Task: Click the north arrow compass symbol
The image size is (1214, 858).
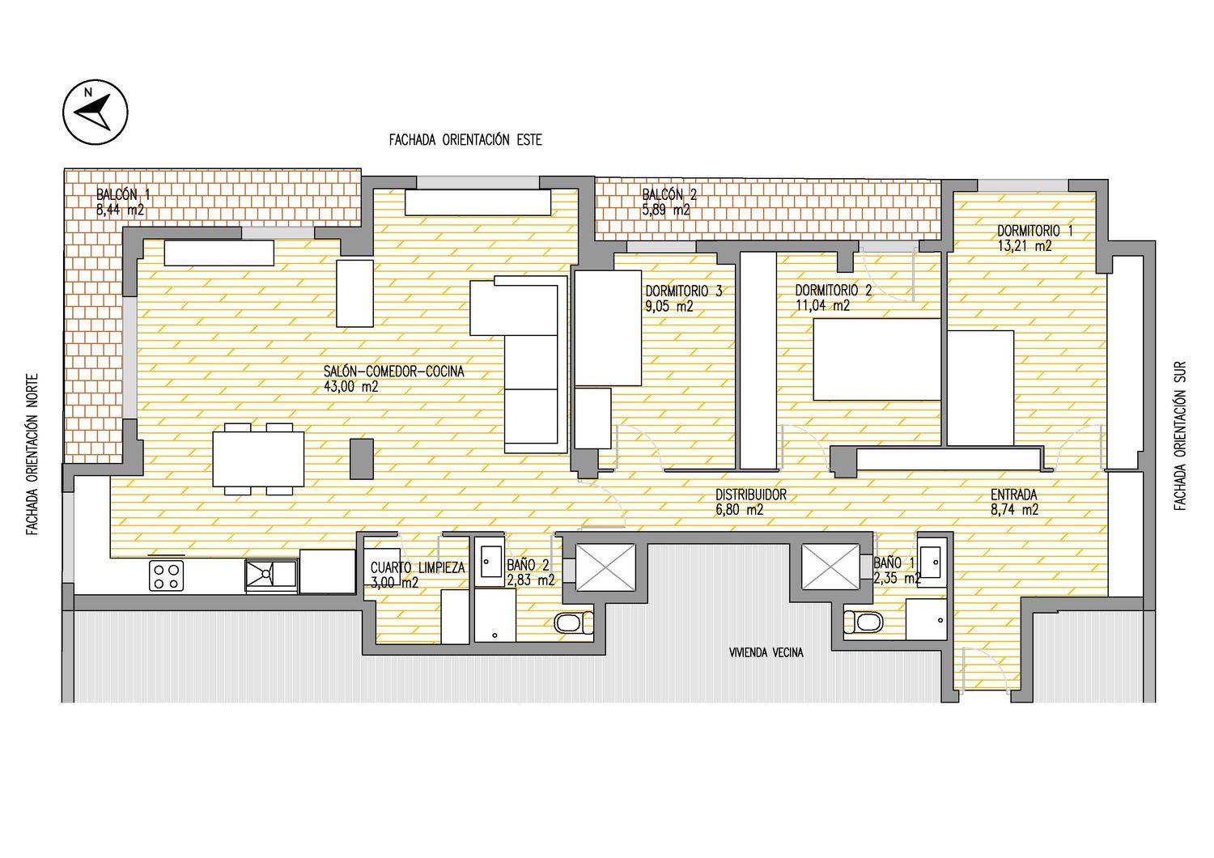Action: coord(96,113)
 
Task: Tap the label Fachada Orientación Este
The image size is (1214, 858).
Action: coord(465,140)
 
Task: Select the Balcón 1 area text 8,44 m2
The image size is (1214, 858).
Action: coord(121,210)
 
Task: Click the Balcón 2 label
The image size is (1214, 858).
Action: coord(669,194)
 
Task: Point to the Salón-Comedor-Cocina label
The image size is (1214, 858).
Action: coord(394,372)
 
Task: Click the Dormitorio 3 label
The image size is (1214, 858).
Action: coord(684,291)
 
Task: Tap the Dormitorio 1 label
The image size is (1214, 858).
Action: coord(1035,231)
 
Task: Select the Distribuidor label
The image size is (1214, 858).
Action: coord(750,495)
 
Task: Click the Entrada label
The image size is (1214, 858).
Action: coord(1014,495)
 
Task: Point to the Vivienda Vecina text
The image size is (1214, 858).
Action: coord(766,652)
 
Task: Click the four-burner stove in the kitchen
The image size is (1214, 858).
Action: coord(167,576)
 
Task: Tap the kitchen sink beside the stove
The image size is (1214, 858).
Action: coord(271,576)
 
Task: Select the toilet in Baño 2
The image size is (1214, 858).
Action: coord(573,622)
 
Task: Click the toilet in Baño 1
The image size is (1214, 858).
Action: coord(863,622)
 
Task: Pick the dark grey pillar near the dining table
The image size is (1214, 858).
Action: coord(362,459)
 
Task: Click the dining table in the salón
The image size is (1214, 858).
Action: coord(258,459)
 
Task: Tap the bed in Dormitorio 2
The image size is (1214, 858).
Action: coord(877,359)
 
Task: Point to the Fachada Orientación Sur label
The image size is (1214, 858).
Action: coord(1179,435)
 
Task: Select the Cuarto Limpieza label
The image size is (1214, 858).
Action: coord(418,567)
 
